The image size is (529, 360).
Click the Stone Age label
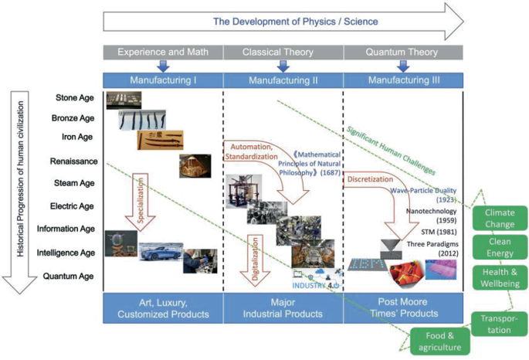click(75, 98)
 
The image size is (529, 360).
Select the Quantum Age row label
click(70, 276)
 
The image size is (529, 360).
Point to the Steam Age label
click(73, 184)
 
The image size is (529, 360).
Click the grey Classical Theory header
click(282, 52)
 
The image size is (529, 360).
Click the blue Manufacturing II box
click(282, 80)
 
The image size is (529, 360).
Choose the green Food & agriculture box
click(438, 341)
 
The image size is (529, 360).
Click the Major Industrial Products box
click(282, 308)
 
